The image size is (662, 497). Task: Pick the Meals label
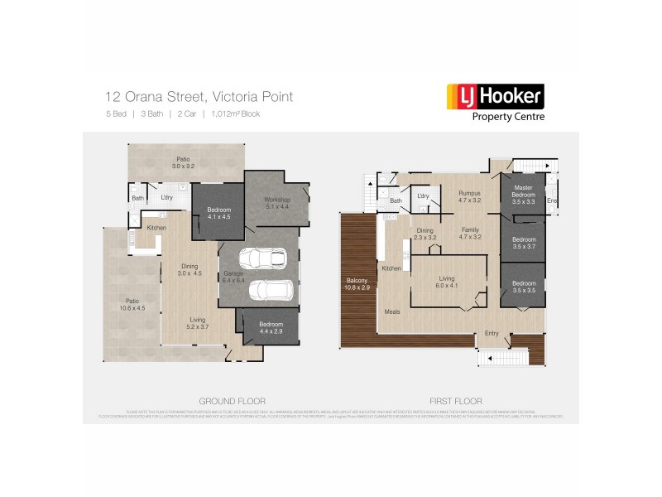393,311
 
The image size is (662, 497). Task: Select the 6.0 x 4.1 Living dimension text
446,286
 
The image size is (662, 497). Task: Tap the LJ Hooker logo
495,97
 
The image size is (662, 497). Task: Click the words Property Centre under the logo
508,118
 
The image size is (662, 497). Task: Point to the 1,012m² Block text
236,113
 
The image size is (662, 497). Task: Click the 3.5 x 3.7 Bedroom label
523,244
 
